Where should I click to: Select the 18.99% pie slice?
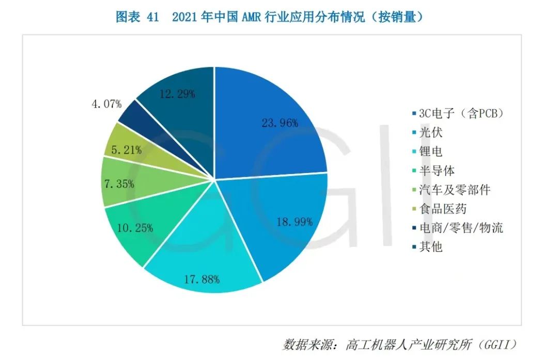coord(279,222)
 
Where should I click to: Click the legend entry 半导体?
coord(437,170)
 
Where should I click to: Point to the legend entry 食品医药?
coord(443,209)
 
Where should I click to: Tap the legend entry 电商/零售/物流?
coord(460,228)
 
